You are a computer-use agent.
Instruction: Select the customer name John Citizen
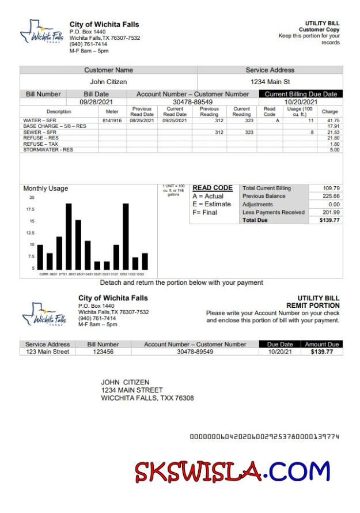click(108, 82)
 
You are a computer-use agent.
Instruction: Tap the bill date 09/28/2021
click(96, 102)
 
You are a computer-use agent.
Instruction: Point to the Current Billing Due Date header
click(301, 94)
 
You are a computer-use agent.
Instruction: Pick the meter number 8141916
click(112, 120)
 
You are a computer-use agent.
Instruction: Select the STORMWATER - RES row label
click(48, 150)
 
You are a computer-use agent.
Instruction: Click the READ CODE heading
click(212, 188)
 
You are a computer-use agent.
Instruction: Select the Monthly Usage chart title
click(46, 188)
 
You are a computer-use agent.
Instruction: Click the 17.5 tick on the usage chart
click(31, 209)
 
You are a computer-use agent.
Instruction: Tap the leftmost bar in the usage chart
click(40, 257)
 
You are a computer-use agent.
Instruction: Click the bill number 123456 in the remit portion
click(103, 352)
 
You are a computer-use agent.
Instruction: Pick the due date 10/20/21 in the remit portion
click(280, 352)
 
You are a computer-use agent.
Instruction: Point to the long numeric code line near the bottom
click(264, 436)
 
